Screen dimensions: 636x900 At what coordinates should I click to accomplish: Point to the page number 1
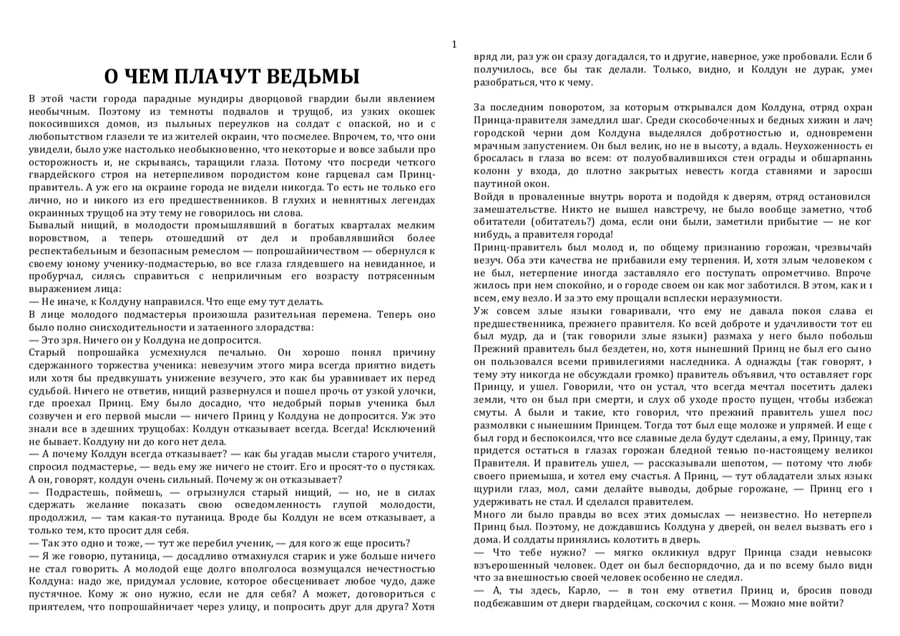pyautogui.click(x=454, y=45)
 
